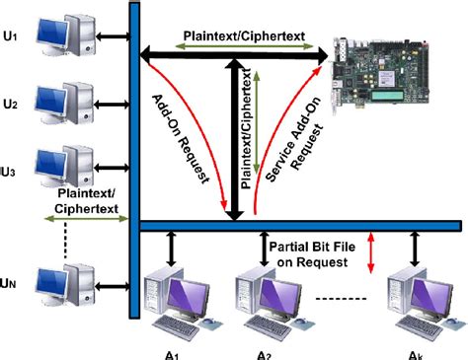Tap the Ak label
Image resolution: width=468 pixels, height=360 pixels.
(x=416, y=352)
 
